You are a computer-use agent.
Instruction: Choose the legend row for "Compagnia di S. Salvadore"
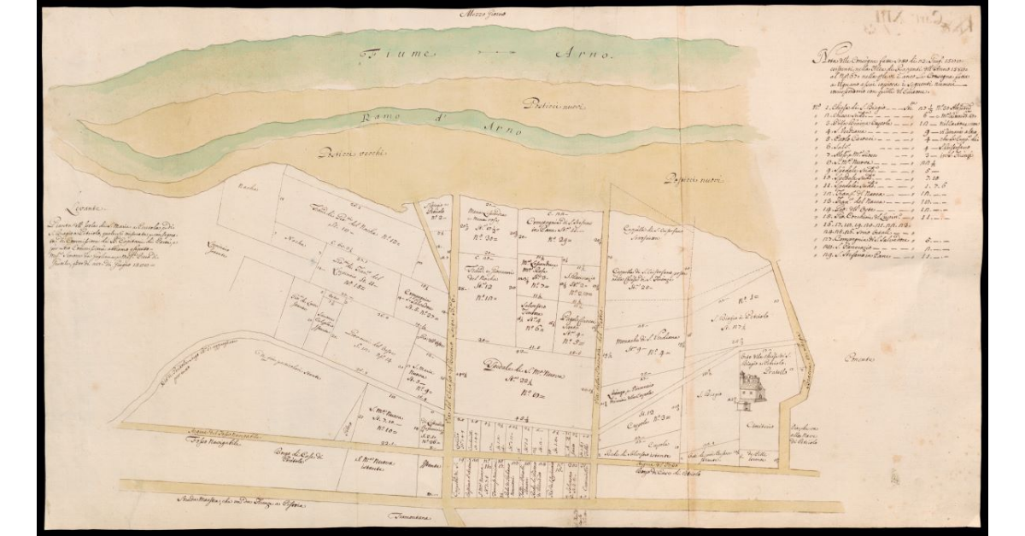coord(864,242)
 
